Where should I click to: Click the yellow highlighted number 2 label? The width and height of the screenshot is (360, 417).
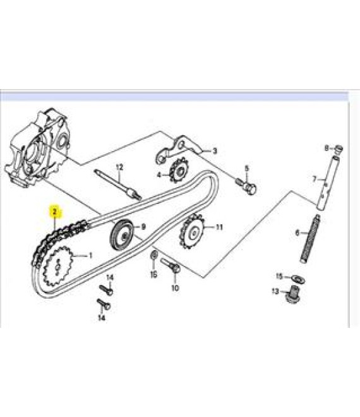coord(55,212)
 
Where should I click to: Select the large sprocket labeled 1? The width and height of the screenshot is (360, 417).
coord(57,267)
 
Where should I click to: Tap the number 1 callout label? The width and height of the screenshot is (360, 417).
coord(90,256)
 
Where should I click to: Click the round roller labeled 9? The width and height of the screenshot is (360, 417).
coord(121,236)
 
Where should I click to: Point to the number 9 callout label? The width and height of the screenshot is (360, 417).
coord(143,227)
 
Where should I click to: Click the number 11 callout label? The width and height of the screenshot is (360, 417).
coord(219,227)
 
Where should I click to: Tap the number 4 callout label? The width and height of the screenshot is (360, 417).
coord(159,175)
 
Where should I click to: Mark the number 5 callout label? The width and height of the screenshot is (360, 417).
coord(247,168)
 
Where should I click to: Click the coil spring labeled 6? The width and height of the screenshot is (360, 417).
coord(310,239)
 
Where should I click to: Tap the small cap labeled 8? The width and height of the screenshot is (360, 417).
coord(338,150)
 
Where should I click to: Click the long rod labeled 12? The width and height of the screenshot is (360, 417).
coord(118,184)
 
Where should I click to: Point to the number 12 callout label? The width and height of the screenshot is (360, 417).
coord(119,167)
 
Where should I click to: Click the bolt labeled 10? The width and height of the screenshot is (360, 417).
coord(171,265)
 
